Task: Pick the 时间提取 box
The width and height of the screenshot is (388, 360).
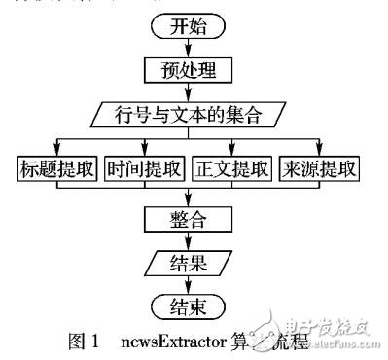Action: (145, 166)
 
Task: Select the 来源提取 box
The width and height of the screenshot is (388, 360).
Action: (320, 166)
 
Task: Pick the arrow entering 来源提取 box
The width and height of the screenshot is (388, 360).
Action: (320, 146)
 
